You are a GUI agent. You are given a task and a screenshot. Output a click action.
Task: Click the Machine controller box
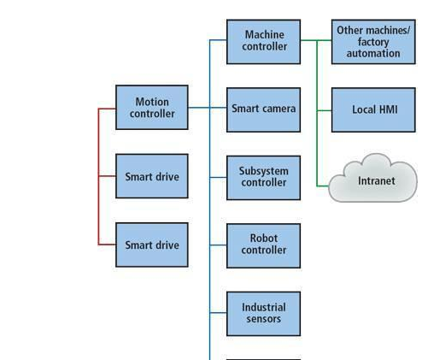(263, 42)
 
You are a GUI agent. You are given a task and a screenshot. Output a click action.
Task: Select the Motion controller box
(152, 107)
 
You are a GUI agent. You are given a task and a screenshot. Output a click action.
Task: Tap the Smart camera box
(263, 109)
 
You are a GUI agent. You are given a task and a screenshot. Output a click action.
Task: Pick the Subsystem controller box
(263, 178)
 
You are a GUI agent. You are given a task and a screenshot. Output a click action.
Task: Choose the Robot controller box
(263, 245)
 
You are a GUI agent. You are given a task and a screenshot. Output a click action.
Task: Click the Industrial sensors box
(263, 314)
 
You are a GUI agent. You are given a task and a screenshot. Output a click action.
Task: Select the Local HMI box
(373, 109)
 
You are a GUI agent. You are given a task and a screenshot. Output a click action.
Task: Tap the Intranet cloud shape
(373, 179)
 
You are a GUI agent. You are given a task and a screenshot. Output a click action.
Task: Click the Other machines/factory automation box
(373, 42)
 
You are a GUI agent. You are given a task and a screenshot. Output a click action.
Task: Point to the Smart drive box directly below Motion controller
(152, 176)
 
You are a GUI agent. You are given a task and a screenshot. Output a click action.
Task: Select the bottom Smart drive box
(152, 245)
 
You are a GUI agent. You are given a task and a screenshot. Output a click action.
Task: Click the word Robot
(264, 239)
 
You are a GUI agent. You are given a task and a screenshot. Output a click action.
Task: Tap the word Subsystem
(264, 171)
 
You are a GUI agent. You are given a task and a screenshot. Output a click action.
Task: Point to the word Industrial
(264, 307)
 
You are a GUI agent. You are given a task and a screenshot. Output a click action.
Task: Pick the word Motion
(152, 102)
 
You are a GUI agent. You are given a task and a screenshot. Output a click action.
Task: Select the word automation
(373, 53)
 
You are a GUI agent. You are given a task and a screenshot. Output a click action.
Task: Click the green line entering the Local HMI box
(325, 110)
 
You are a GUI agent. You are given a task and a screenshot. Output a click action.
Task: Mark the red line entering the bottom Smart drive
(107, 245)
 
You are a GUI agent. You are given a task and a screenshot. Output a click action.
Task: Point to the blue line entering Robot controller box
(218, 245)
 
